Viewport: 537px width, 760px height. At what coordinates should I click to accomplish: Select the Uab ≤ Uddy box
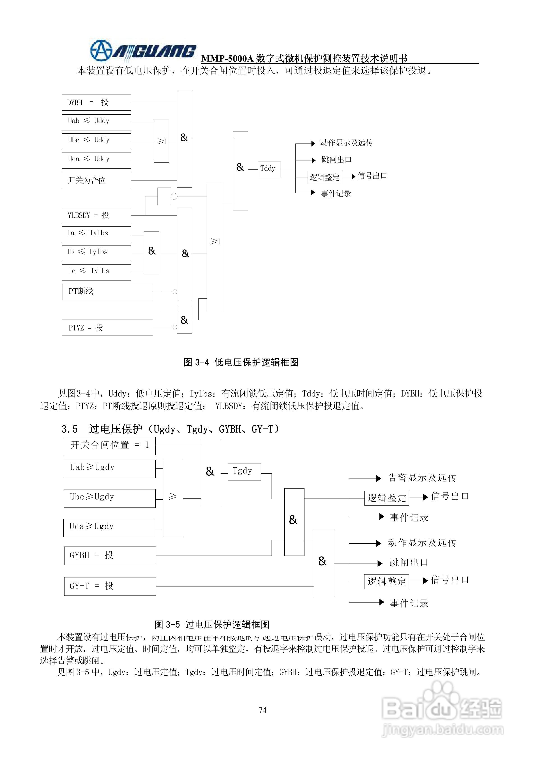96,122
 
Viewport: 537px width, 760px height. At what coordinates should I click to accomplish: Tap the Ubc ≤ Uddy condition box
96,141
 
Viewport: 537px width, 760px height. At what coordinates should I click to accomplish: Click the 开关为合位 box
96,181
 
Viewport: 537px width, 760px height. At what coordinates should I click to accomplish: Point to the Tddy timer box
269,169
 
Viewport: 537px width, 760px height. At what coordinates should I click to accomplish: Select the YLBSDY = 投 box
96,216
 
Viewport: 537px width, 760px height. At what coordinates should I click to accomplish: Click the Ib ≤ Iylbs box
96,253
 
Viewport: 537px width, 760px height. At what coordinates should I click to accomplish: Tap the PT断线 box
108,292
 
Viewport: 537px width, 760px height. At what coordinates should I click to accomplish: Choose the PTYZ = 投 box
108,327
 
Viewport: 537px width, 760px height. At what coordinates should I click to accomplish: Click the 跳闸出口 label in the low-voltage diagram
336,160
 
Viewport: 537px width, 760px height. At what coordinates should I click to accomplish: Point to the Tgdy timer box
244,471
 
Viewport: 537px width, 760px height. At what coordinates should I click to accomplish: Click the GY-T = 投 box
110,586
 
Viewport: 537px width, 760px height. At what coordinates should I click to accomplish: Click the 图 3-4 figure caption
241,362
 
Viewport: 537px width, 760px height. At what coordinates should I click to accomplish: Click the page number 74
262,710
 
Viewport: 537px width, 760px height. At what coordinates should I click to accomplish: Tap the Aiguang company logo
143,51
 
